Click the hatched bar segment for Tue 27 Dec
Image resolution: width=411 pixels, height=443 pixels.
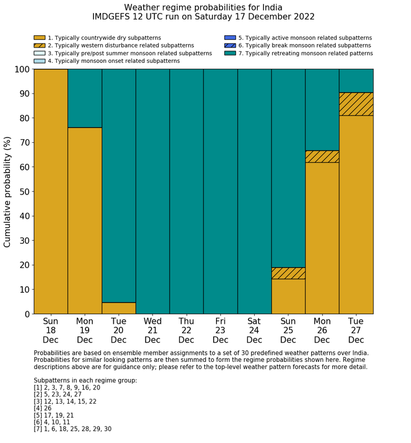point(356,104)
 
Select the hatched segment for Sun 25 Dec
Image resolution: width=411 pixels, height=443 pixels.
point(288,273)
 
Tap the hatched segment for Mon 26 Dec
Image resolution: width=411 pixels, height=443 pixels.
point(322,156)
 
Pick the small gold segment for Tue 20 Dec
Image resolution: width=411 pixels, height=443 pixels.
point(119,308)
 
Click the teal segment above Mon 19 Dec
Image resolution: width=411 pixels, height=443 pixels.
point(85,98)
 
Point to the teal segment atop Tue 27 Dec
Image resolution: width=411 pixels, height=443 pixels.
point(356,80)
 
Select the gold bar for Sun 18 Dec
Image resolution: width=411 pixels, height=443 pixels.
point(50,191)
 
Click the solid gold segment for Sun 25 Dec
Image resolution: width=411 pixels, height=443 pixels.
point(288,296)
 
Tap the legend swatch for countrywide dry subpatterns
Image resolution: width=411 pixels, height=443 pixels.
point(39,38)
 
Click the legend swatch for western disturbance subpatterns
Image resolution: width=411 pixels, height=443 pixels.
point(39,45)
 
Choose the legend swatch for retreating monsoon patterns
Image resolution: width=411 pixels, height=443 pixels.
point(230,53)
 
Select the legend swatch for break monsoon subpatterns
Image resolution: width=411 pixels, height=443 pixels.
point(230,45)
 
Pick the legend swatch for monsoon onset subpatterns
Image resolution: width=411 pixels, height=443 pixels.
point(39,61)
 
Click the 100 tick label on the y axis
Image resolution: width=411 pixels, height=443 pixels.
point(21,69)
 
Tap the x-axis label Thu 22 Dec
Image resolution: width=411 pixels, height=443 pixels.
point(186,330)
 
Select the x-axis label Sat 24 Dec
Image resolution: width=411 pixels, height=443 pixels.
point(254,330)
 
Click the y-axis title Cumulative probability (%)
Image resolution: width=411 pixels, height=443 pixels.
point(8,192)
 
